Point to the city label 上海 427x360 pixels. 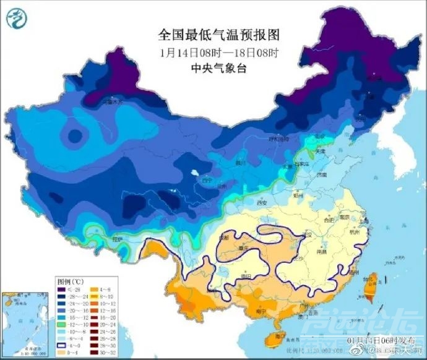(363, 220)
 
